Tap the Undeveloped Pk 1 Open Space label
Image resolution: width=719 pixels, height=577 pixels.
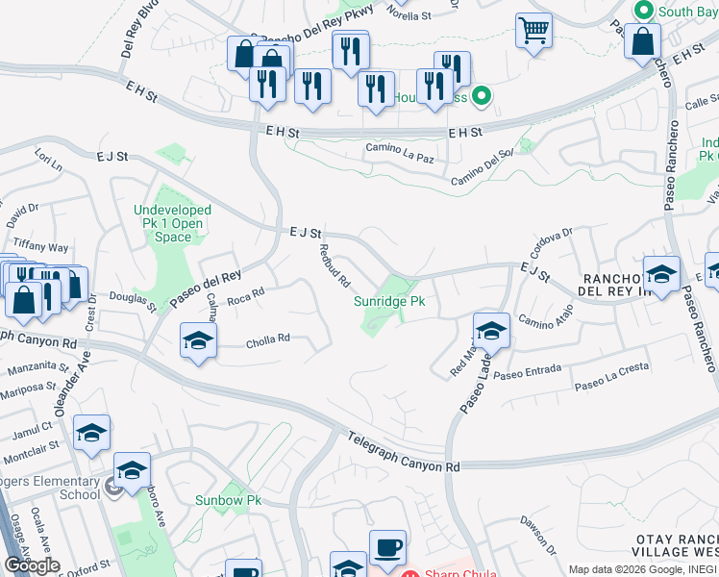point(173,223)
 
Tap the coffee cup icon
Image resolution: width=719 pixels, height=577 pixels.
point(387,546)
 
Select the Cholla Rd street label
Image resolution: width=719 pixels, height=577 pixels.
point(268,339)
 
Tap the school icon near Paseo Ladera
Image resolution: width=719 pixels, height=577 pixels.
point(491,331)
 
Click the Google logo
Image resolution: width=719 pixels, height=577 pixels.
point(32,564)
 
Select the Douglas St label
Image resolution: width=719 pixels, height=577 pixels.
point(133,302)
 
